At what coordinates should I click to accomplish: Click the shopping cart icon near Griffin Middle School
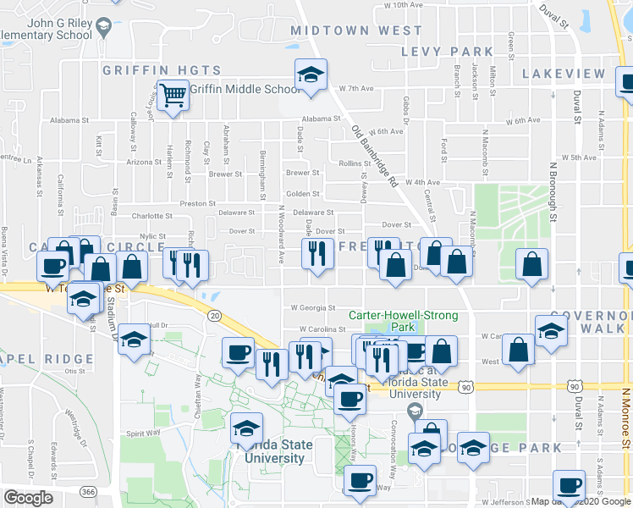point(173,95)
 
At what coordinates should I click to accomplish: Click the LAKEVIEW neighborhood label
point(564,74)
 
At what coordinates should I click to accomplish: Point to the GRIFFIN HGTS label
point(162,70)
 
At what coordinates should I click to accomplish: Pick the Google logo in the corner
point(28,498)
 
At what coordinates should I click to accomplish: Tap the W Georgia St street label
point(313,308)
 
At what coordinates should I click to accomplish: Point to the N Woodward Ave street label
point(280,224)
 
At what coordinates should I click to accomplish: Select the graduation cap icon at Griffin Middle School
point(311,77)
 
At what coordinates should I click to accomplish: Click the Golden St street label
point(302,194)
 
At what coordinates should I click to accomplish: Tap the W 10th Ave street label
point(403,5)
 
